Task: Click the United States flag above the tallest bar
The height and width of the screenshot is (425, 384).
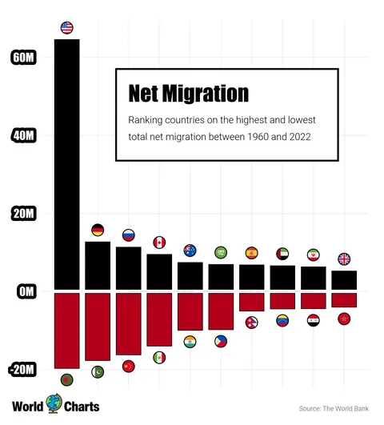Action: (x=66, y=28)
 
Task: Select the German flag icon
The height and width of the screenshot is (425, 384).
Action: (x=98, y=231)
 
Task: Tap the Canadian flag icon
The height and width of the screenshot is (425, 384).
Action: (x=159, y=243)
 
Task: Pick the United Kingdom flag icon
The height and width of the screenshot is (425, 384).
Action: (x=344, y=259)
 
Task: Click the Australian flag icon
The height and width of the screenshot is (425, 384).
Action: (x=190, y=251)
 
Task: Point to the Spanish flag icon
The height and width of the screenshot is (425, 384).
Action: (x=251, y=253)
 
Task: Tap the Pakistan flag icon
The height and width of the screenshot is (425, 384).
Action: (x=98, y=371)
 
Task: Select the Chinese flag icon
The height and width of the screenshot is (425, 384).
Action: (x=128, y=366)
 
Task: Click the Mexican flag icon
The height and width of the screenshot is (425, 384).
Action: (x=159, y=357)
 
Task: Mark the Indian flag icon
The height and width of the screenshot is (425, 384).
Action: (x=190, y=342)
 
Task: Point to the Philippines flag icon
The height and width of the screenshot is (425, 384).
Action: (x=221, y=340)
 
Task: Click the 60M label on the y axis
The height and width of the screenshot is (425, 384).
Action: (x=23, y=58)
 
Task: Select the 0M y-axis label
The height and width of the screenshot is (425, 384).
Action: (x=26, y=291)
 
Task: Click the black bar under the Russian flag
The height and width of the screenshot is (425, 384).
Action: (x=128, y=268)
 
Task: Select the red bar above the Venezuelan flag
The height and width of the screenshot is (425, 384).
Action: (x=282, y=300)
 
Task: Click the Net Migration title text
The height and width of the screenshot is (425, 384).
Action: (x=188, y=94)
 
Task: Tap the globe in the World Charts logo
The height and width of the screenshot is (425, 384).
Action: (x=54, y=403)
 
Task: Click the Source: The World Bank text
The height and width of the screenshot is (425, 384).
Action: (x=334, y=408)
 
